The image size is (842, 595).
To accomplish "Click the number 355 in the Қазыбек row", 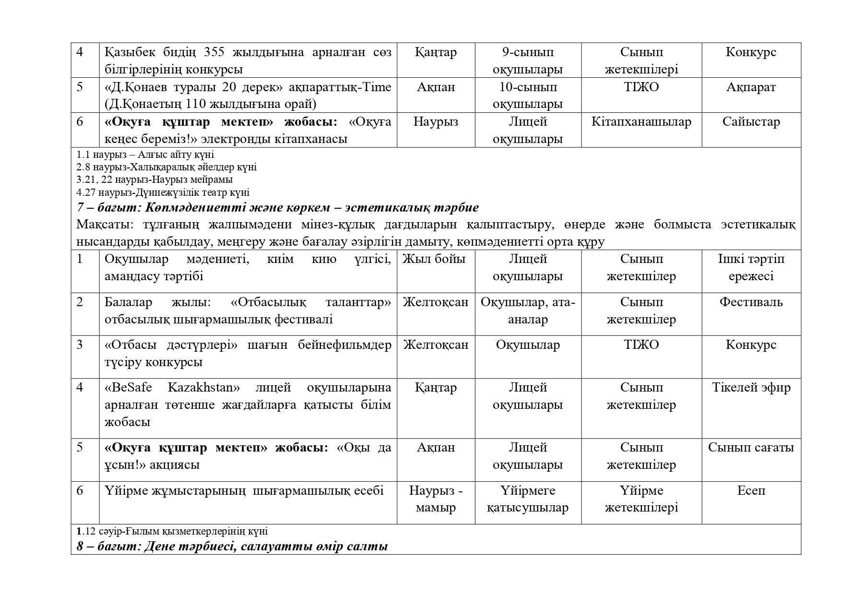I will coord(216,52).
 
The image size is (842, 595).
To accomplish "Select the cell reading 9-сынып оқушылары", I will coord(527,60).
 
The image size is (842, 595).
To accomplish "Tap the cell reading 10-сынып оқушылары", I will coord(527,95).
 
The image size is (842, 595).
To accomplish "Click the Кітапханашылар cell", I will coord(641,122).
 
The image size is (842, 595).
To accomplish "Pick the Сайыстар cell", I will coord(751,122).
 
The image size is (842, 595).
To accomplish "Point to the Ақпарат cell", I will coord(751,87).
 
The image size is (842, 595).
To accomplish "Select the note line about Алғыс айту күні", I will coord(145,155).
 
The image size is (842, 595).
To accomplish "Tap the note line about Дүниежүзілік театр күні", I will coord(163,192).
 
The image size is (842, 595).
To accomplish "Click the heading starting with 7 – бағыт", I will coord(277,208).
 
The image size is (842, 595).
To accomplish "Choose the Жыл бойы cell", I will coord(434,259).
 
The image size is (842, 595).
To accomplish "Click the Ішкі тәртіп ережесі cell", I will coord(751,267).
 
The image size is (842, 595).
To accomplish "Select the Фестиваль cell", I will coord(751,302).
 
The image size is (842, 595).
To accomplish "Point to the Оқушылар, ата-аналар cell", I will coord(527,310).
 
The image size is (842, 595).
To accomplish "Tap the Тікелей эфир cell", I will coord(751,388).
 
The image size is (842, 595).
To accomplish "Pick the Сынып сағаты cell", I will coord(751,448).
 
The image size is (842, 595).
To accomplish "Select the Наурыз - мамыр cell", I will coord(435,499).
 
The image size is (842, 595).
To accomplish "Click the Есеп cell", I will coord(751,491).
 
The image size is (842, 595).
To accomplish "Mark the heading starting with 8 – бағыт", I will coord(232,546).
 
